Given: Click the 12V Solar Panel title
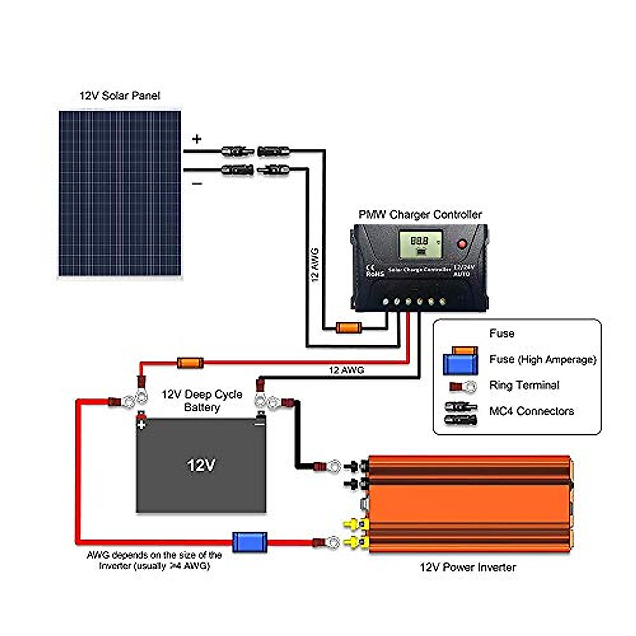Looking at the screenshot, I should pos(120,96).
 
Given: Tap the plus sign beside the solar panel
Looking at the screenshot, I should pos(197,139).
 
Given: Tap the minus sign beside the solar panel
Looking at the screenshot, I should pos(197,183).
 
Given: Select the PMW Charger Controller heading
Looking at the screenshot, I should pos(420,215).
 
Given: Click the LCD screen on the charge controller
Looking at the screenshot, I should pos(420,244).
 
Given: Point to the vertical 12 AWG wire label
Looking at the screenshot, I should pos(315,264).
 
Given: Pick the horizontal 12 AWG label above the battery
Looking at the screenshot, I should pos(347,370).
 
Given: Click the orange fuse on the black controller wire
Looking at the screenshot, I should pos(349,328).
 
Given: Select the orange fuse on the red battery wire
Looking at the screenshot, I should pos(190,363).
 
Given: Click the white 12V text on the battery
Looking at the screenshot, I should pos(201,465).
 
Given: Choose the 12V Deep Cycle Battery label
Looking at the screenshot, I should pos(202,401).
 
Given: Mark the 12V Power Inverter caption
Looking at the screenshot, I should pos(467,567).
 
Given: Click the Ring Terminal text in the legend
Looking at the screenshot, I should pos(524,385).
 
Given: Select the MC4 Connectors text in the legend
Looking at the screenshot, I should pos(532,411).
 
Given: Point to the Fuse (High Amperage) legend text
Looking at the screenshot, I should pos(543,359).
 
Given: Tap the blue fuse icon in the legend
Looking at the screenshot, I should pos(460,364).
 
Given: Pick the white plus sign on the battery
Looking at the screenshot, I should pos(142,425).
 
